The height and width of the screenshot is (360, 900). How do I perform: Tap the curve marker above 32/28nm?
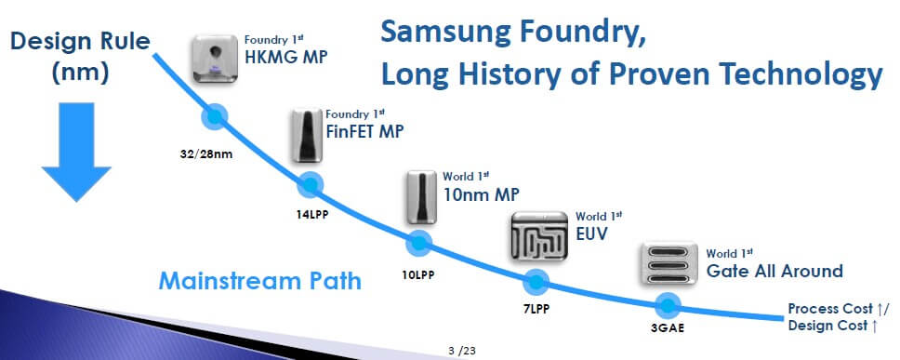click(x=217, y=117)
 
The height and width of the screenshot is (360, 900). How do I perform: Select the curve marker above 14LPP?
click(x=308, y=183)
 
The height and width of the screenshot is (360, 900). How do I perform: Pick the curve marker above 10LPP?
click(x=419, y=244)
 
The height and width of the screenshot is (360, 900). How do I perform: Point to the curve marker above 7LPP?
click(x=536, y=281)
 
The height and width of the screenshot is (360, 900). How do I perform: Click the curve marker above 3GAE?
click(x=668, y=304)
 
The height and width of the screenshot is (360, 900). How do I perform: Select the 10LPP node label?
click(x=419, y=275)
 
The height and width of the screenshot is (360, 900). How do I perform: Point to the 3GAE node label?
click(x=668, y=327)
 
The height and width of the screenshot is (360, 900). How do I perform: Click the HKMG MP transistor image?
click(x=217, y=59)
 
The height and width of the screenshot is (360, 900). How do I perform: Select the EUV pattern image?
click(x=540, y=236)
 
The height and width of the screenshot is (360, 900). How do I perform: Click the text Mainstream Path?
click(x=259, y=279)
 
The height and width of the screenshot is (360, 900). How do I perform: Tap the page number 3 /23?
click(x=462, y=351)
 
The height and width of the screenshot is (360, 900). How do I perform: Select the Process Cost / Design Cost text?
click(x=838, y=316)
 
